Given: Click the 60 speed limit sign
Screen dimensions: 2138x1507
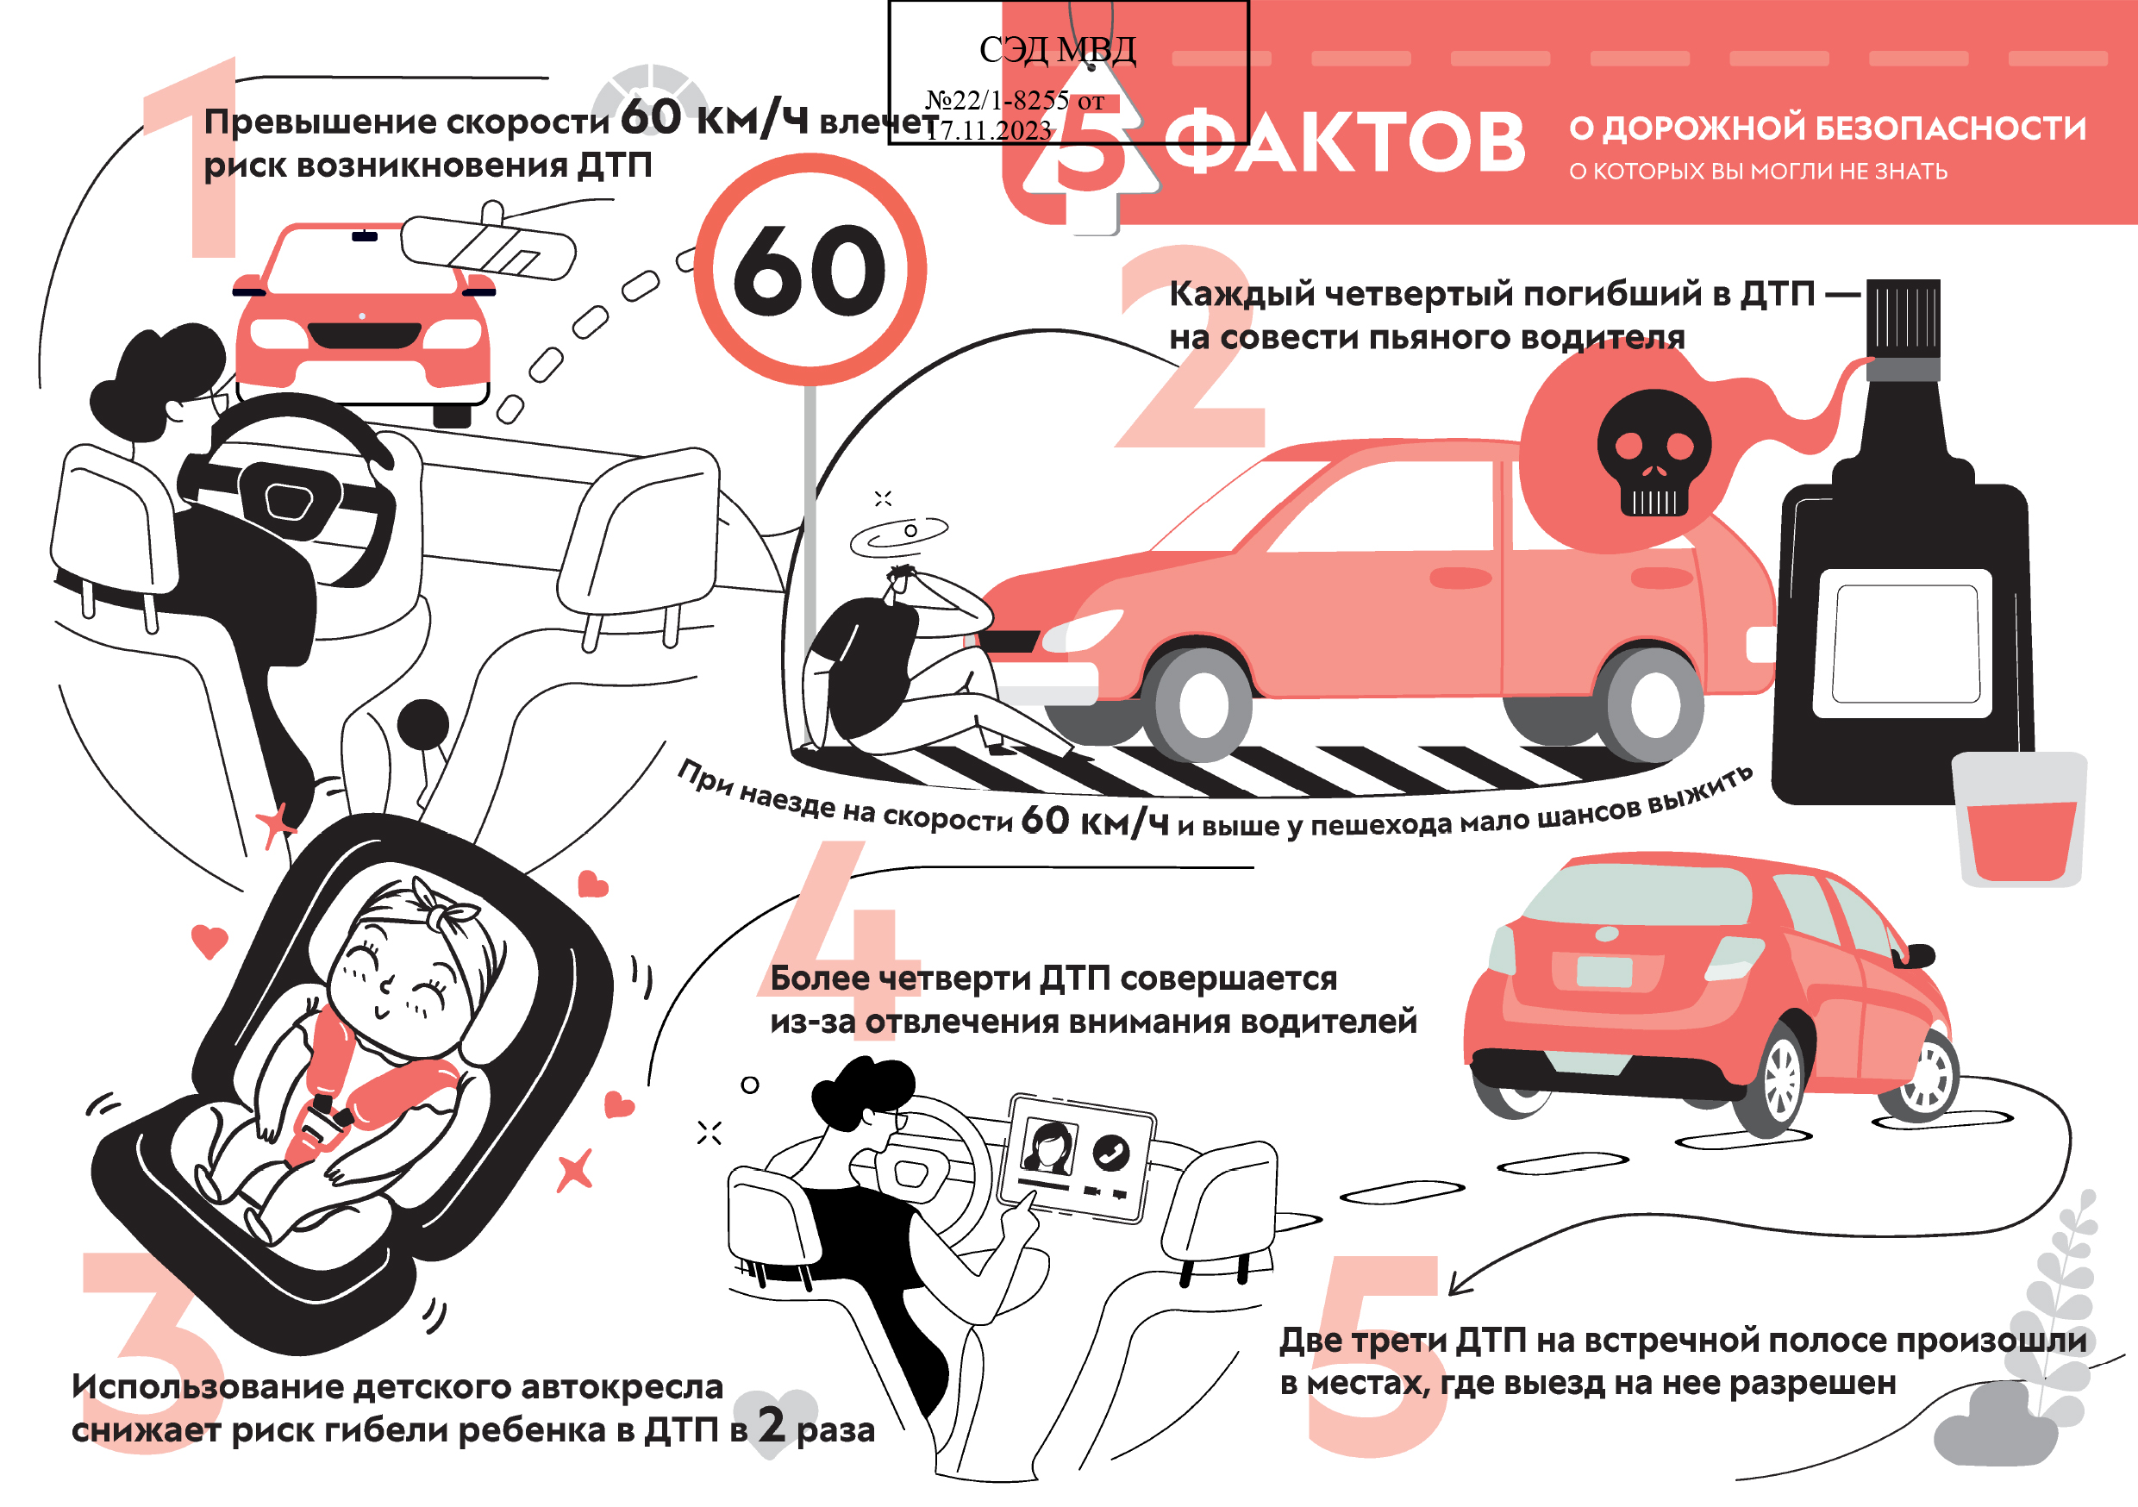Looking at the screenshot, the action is (x=810, y=269).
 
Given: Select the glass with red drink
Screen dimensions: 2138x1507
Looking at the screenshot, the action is (x=2019, y=820).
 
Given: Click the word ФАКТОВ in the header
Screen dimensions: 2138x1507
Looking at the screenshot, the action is (x=1344, y=141).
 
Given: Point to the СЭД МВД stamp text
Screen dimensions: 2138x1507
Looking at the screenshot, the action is (x=1057, y=49).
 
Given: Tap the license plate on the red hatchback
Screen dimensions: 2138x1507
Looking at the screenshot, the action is (x=1603, y=972).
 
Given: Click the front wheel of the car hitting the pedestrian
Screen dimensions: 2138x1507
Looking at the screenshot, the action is (x=1202, y=704).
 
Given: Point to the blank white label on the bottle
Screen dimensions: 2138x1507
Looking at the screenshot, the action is (x=1904, y=644).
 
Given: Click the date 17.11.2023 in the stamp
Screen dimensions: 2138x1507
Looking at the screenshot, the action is (x=990, y=130).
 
